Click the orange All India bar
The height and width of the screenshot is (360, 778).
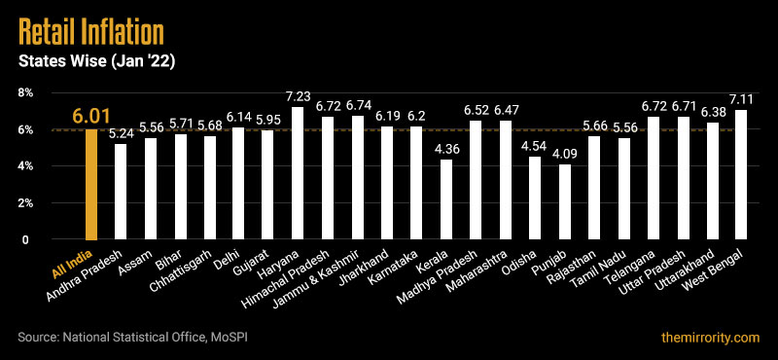91,185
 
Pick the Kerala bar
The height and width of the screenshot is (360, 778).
446,199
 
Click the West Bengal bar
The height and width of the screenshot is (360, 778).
741,175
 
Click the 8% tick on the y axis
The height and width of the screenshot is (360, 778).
26,92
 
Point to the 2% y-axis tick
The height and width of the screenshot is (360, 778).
26,203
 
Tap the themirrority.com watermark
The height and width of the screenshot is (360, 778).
707,337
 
